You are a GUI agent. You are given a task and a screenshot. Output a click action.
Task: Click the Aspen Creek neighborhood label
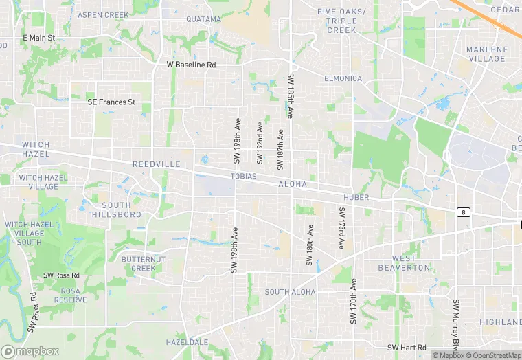click(x=103, y=14)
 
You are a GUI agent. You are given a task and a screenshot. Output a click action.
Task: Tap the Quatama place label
click(x=203, y=19)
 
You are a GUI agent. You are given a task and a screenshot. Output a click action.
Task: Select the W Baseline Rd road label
click(x=191, y=64)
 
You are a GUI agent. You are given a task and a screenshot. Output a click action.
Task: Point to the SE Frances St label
click(x=111, y=102)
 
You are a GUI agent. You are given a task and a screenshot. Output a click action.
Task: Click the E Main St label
click(x=38, y=38)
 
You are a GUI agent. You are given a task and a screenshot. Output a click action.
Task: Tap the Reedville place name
click(x=156, y=165)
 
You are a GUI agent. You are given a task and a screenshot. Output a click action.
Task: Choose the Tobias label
click(x=243, y=176)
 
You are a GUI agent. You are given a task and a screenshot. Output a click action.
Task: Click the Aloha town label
click(x=293, y=185)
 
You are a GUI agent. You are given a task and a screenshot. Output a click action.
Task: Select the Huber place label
click(x=356, y=197)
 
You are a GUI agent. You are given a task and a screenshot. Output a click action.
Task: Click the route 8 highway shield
click(x=464, y=212)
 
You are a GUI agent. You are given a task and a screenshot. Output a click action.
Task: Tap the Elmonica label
click(x=343, y=78)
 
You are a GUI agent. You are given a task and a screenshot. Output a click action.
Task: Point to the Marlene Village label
click(x=487, y=54)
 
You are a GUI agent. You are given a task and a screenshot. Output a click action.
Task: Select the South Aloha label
click(x=290, y=292)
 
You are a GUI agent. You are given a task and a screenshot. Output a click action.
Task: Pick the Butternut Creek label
click(x=144, y=263)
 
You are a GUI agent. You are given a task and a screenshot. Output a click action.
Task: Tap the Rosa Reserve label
click(x=71, y=295)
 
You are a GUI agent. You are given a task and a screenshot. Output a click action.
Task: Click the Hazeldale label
click(x=187, y=341)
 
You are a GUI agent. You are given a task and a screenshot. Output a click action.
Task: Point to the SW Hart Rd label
click(x=407, y=348)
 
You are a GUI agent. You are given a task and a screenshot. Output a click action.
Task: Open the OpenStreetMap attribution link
click(x=494, y=355)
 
